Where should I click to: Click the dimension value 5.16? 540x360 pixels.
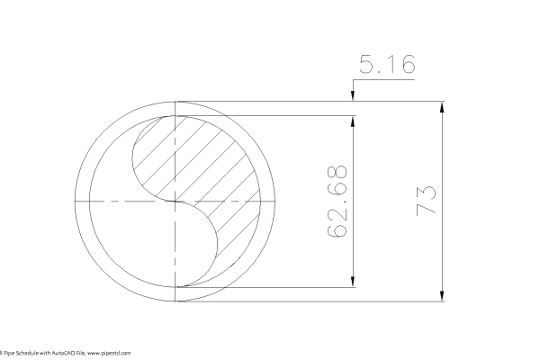tap(387, 65)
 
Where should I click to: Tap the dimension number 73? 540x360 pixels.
tap(426, 200)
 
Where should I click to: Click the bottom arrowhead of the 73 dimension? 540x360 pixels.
tap(442, 297)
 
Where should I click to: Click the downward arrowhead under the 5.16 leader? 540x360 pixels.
tap(354, 96)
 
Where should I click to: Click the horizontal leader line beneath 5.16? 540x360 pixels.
tap(387, 80)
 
